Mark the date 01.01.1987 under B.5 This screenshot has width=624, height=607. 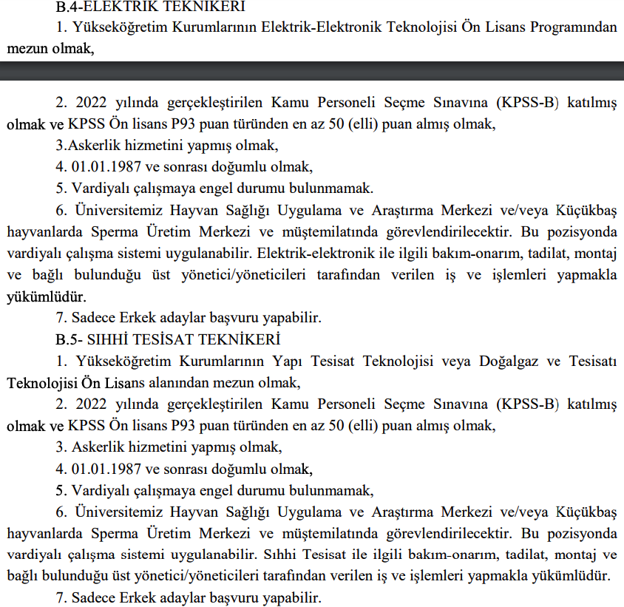pos(106,469)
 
